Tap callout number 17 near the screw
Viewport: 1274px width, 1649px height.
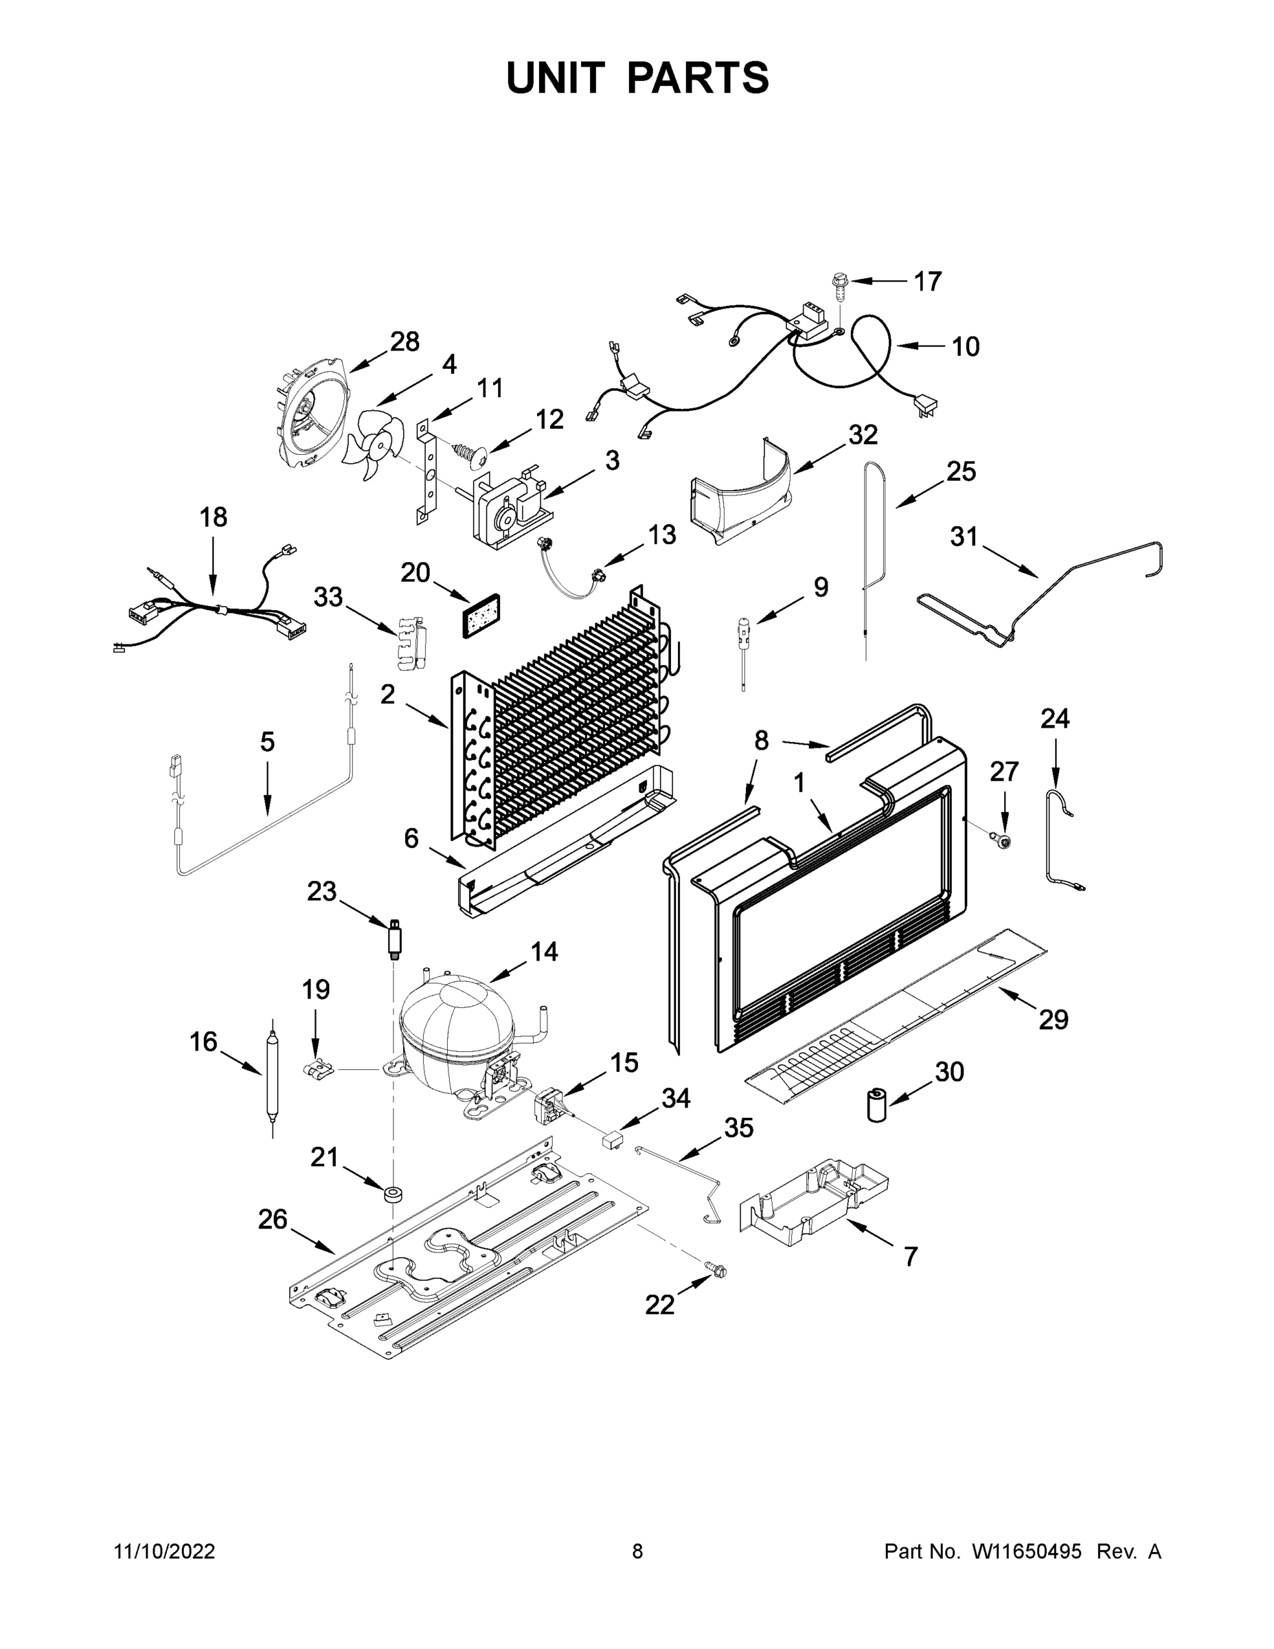[928, 282]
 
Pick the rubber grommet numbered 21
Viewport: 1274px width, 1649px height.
[394, 1194]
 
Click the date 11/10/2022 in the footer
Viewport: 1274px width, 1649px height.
[165, 1551]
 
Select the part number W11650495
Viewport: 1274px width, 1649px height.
[1027, 1551]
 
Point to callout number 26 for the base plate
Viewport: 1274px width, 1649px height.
[273, 1219]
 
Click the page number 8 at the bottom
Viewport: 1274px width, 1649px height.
[637, 1551]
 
